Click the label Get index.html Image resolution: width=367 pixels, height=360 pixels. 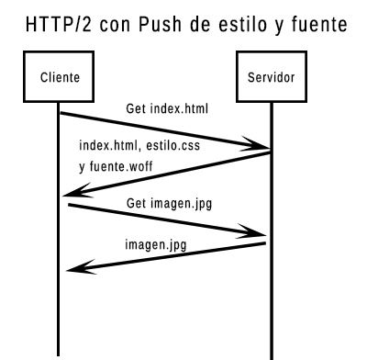point(167,109)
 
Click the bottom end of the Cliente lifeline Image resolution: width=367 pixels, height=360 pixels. point(60,354)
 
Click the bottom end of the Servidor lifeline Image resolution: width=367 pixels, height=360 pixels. point(272,354)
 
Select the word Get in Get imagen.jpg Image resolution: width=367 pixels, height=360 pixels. point(135,202)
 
